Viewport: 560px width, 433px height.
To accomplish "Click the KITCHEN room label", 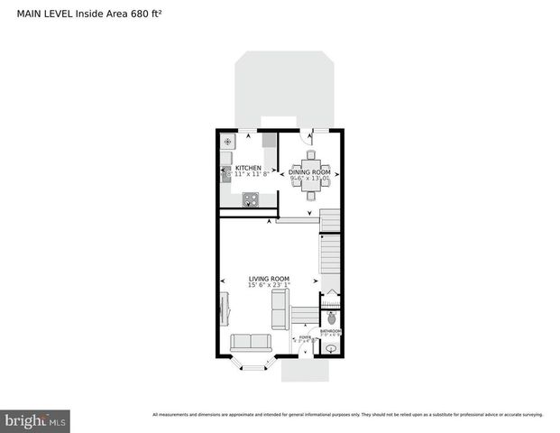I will click(248, 169).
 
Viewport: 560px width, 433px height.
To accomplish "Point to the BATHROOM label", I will click(331, 331).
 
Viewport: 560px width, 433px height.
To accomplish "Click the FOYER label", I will click(305, 336).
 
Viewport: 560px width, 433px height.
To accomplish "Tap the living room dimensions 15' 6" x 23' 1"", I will click(269, 286).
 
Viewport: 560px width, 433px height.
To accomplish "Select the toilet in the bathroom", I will click(331, 318).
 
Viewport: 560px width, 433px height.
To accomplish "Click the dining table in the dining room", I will click(311, 170).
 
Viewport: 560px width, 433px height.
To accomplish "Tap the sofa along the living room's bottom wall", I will click(252, 343).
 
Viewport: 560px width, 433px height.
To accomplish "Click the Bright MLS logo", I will click(36, 419).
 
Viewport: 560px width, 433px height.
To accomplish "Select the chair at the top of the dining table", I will click(311, 154).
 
